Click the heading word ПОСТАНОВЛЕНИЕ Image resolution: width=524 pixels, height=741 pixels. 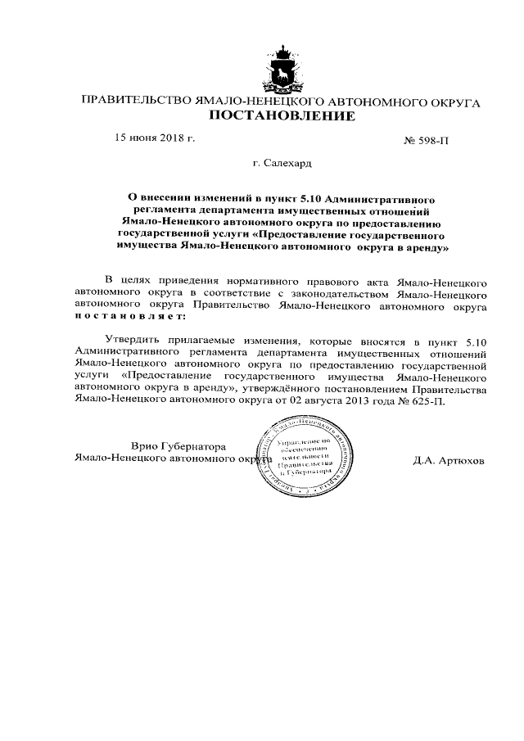(282, 116)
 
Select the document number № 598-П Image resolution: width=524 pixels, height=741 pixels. (427, 141)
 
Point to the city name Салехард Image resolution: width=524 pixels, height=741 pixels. (287, 164)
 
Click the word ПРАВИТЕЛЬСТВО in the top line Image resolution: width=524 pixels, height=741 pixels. (135, 102)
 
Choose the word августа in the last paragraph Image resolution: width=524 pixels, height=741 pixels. (296, 404)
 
